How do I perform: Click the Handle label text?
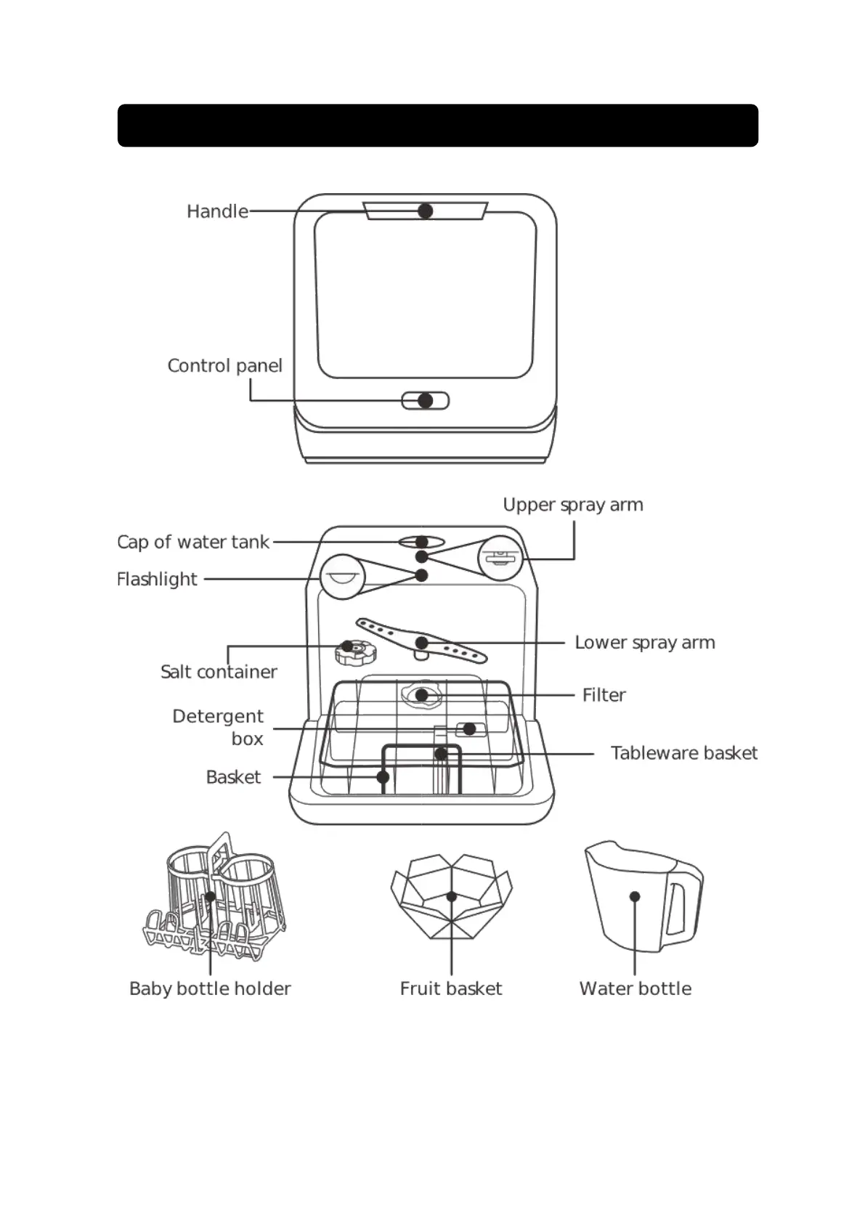(x=217, y=211)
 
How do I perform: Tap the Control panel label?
(x=224, y=365)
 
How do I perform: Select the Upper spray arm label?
(x=572, y=505)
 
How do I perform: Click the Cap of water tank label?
(x=192, y=542)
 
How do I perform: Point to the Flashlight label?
(x=157, y=579)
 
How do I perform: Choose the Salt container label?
(x=219, y=672)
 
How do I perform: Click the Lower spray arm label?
(x=644, y=643)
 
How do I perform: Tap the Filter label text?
(x=604, y=695)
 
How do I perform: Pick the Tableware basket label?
(x=683, y=753)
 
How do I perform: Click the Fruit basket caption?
(x=450, y=988)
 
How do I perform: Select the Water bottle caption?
(x=635, y=988)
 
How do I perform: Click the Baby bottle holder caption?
(x=210, y=988)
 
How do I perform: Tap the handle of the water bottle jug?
(x=683, y=908)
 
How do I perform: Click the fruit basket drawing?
(x=451, y=898)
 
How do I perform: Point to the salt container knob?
(x=355, y=651)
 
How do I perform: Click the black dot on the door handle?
(x=426, y=211)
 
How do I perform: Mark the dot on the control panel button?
(x=426, y=401)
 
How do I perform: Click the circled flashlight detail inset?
(x=341, y=577)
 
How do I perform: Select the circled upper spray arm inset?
(x=500, y=558)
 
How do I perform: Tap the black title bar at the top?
(x=438, y=126)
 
